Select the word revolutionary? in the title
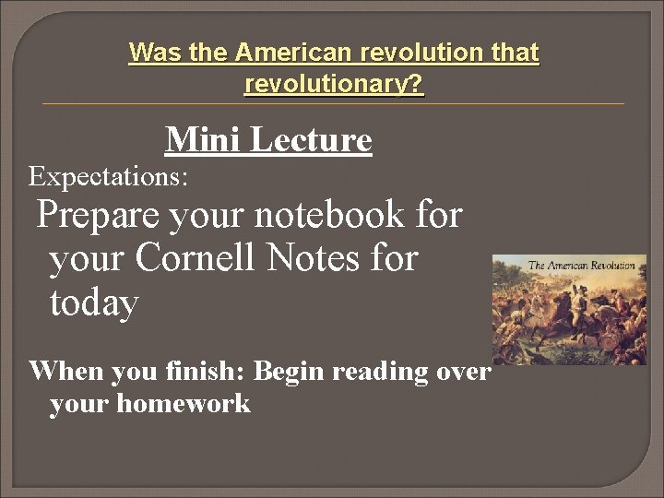coord(334,85)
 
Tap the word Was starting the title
coord(155,53)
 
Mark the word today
coord(94,302)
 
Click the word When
coord(61,372)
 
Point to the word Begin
coord(289,372)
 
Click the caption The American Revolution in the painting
coord(581,267)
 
